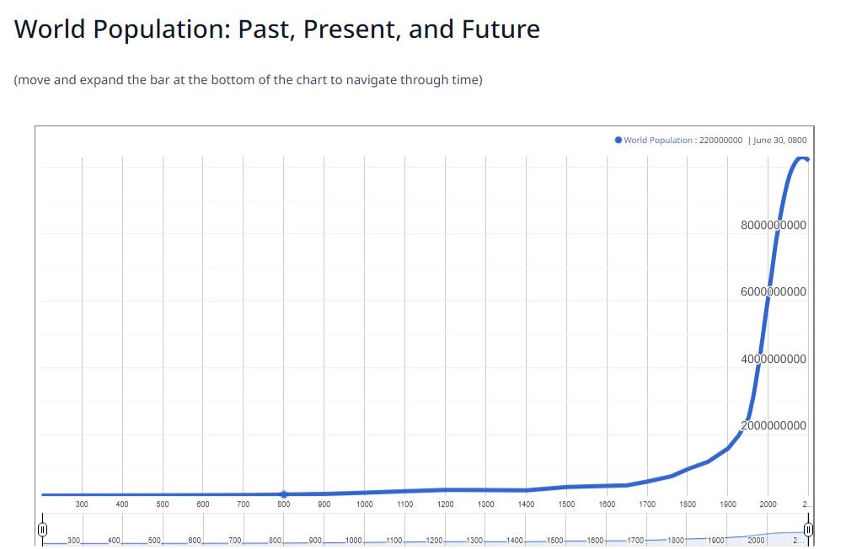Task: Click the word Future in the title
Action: tap(501, 29)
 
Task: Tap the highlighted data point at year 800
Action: tap(284, 494)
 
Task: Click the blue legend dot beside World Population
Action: tap(618, 140)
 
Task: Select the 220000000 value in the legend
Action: tap(720, 140)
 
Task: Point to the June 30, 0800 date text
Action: tap(780, 140)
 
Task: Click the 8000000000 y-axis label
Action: tap(774, 225)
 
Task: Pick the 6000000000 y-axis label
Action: tap(774, 291)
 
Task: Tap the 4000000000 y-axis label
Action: tap(774, 359)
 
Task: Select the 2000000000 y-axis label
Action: tap(774, 425)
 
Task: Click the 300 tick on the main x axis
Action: tap(82, 504)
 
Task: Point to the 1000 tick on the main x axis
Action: tap(365, 504)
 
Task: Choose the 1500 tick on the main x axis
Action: tap(566, 504)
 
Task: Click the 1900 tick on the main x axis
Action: tap(728, 504)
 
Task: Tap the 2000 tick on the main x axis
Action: tap(768, 504)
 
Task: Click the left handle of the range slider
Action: tap(40, 530)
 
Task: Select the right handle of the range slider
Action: tap(808, 530)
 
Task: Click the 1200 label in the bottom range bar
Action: tap(435, 539)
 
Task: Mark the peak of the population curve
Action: tap(800, 157)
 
